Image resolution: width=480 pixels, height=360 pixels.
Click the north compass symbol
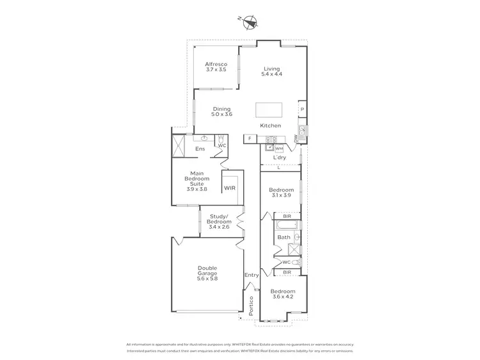point(250,22)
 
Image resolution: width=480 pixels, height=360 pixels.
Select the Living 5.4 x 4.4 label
point(271,71)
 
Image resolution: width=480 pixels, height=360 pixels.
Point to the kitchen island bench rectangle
point(269,110)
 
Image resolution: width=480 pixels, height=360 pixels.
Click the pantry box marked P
point(301,110)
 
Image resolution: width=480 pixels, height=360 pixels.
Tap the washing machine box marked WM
point(279,149)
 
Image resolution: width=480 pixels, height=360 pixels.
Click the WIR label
point(230,188)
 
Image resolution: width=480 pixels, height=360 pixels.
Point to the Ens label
point(199,150)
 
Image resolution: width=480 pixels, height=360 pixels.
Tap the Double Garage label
point(207,274)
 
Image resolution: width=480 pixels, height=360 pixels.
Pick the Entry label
point(252,275)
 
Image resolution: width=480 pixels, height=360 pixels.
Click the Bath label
point(284,238)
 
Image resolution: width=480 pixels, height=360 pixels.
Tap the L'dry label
point(280,158)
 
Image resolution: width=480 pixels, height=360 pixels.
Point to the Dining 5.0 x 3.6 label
point(222,111)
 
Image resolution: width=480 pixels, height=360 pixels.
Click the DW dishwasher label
point(296,138)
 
